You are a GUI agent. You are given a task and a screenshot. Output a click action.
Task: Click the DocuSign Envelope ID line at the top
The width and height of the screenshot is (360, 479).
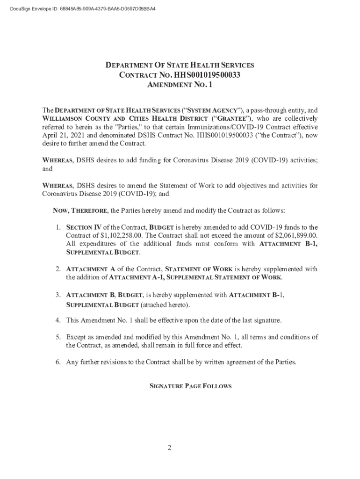[x=79, y=9]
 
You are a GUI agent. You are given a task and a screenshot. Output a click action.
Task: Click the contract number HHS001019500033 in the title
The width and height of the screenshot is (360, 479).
[x=207, y=75]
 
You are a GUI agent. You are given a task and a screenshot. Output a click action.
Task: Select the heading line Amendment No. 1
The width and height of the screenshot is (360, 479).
[x=180, y=85]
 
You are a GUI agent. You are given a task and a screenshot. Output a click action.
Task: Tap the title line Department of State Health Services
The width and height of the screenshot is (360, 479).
[x=180, y=65]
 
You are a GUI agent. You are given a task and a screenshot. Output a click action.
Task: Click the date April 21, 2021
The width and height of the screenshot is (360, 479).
[x=63, y=135]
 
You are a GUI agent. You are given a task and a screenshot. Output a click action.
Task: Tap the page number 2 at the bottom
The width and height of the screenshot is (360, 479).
[x=170, y=448]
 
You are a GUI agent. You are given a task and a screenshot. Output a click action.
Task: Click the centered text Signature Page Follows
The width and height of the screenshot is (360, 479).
[x=190, y=386]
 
